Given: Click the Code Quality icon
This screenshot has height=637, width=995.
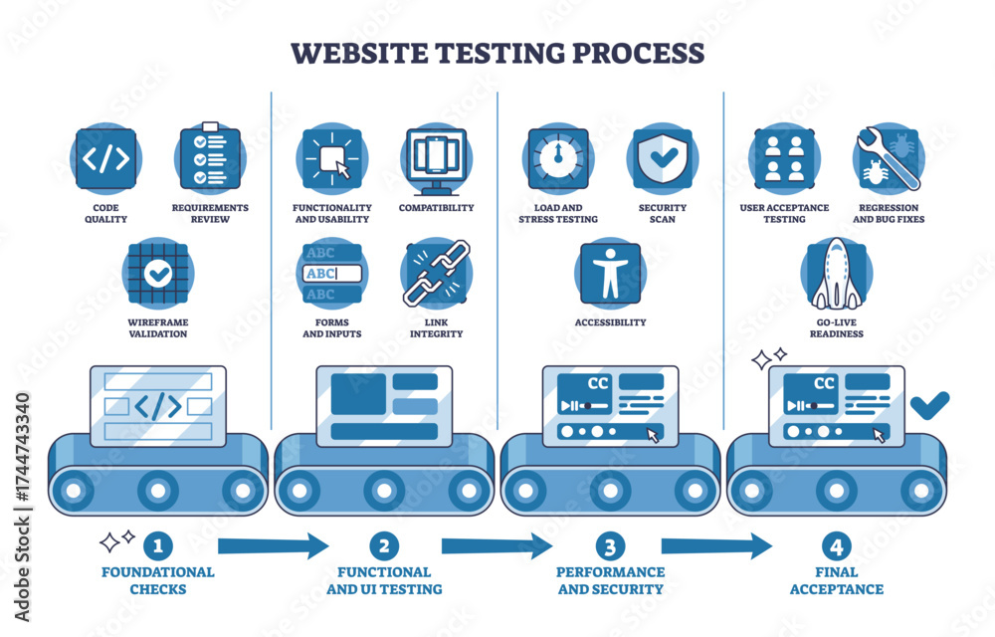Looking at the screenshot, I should (x=104, y=159).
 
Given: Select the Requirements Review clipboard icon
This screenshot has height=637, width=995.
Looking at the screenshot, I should (x=210, y=159).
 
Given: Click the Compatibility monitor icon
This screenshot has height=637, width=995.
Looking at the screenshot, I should (x=436, y=159).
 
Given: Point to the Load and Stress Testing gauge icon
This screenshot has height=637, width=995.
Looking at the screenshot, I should (x=557, y=159).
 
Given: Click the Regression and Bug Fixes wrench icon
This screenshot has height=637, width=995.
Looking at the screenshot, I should (x=888, y=159).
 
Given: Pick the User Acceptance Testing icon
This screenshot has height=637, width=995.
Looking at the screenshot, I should (x=784, y=159).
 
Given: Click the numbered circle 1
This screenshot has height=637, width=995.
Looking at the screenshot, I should (x=157, y=545).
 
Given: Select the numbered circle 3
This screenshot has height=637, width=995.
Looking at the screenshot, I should (x=610, y=545).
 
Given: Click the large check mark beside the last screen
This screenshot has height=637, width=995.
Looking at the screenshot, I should (x=929, y=403).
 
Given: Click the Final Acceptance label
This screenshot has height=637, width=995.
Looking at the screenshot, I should (x=836, y=580).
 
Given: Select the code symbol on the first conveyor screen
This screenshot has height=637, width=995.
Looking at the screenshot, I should (x=157, y=405).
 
